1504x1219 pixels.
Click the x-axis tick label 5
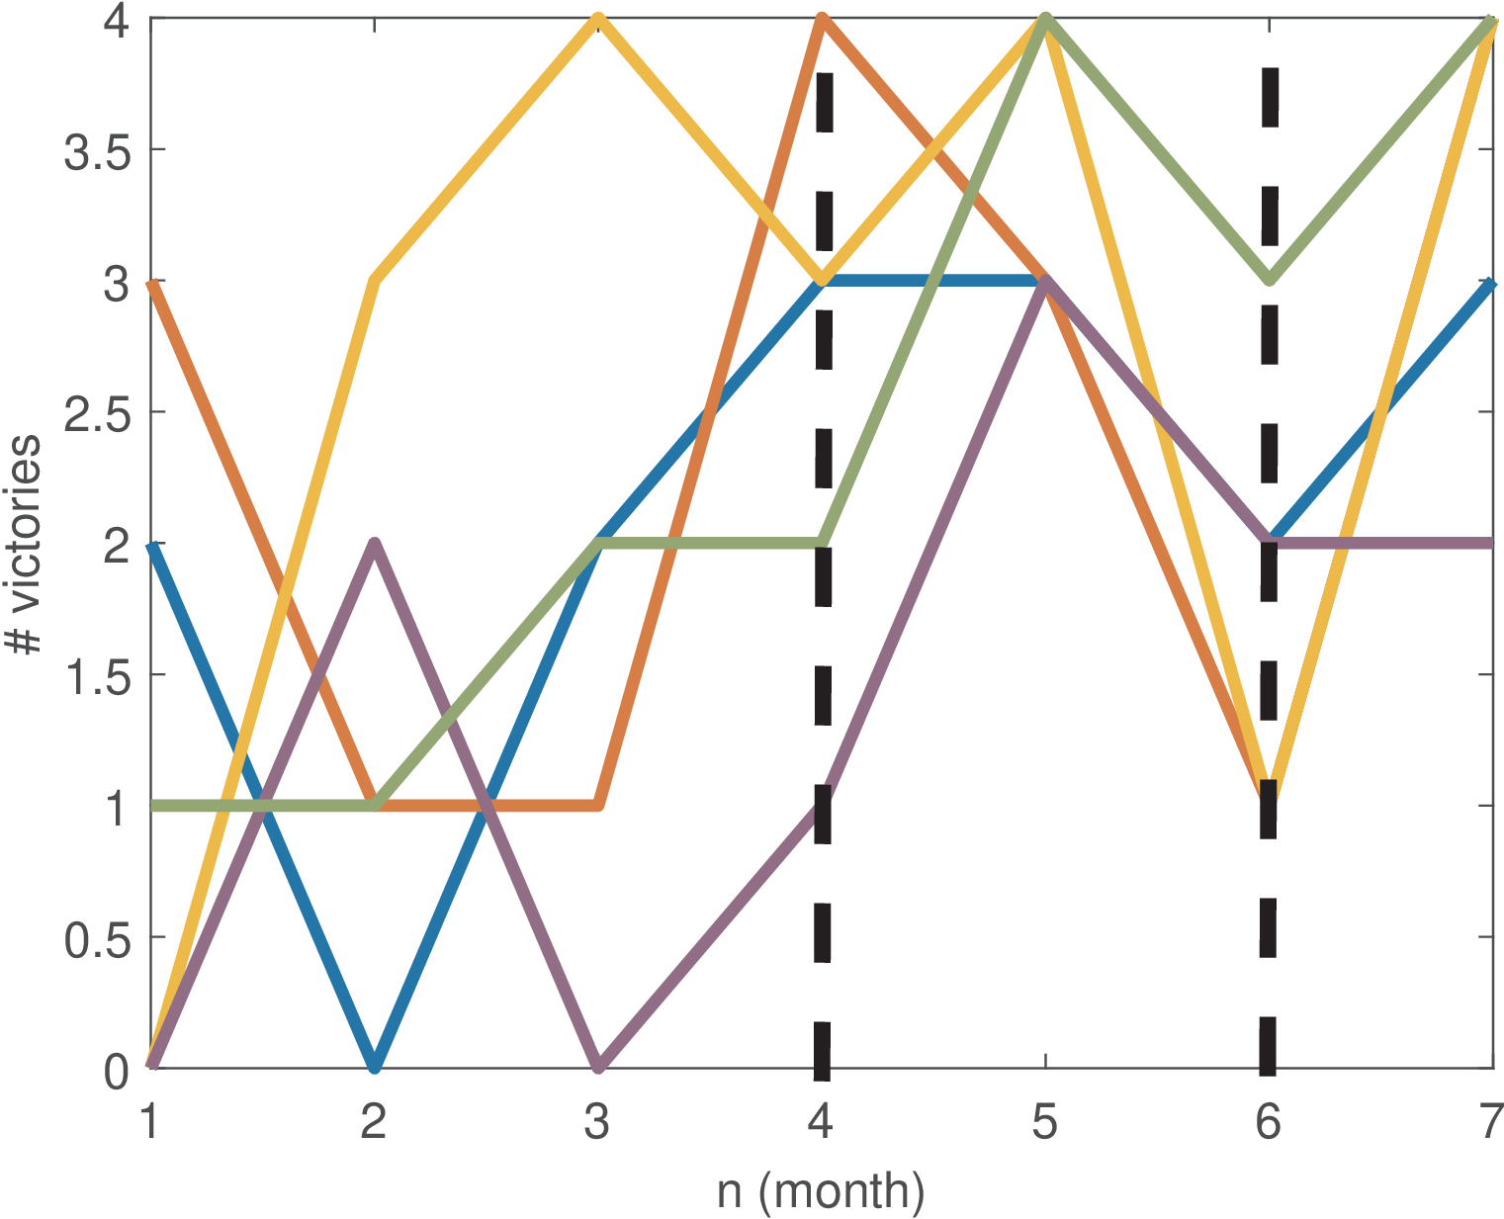[1045, 1123]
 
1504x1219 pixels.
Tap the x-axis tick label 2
[373, 1123]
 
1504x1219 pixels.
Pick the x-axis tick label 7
[1491, 1123]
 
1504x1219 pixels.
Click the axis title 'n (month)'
[821, 1190]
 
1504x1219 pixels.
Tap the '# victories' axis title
[24, 544]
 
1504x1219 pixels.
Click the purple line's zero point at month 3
[598, 1067]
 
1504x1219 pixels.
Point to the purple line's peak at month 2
[375, 544]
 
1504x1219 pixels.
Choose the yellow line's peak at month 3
[598, 20]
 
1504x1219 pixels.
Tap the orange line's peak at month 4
[822, 20]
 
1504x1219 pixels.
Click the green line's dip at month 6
[1270, 281]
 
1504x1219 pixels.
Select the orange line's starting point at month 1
[151, 283]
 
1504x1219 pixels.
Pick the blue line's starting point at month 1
[151, 545]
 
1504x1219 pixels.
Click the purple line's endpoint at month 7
[1490, 543]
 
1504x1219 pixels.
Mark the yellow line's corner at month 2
[375, 282]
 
